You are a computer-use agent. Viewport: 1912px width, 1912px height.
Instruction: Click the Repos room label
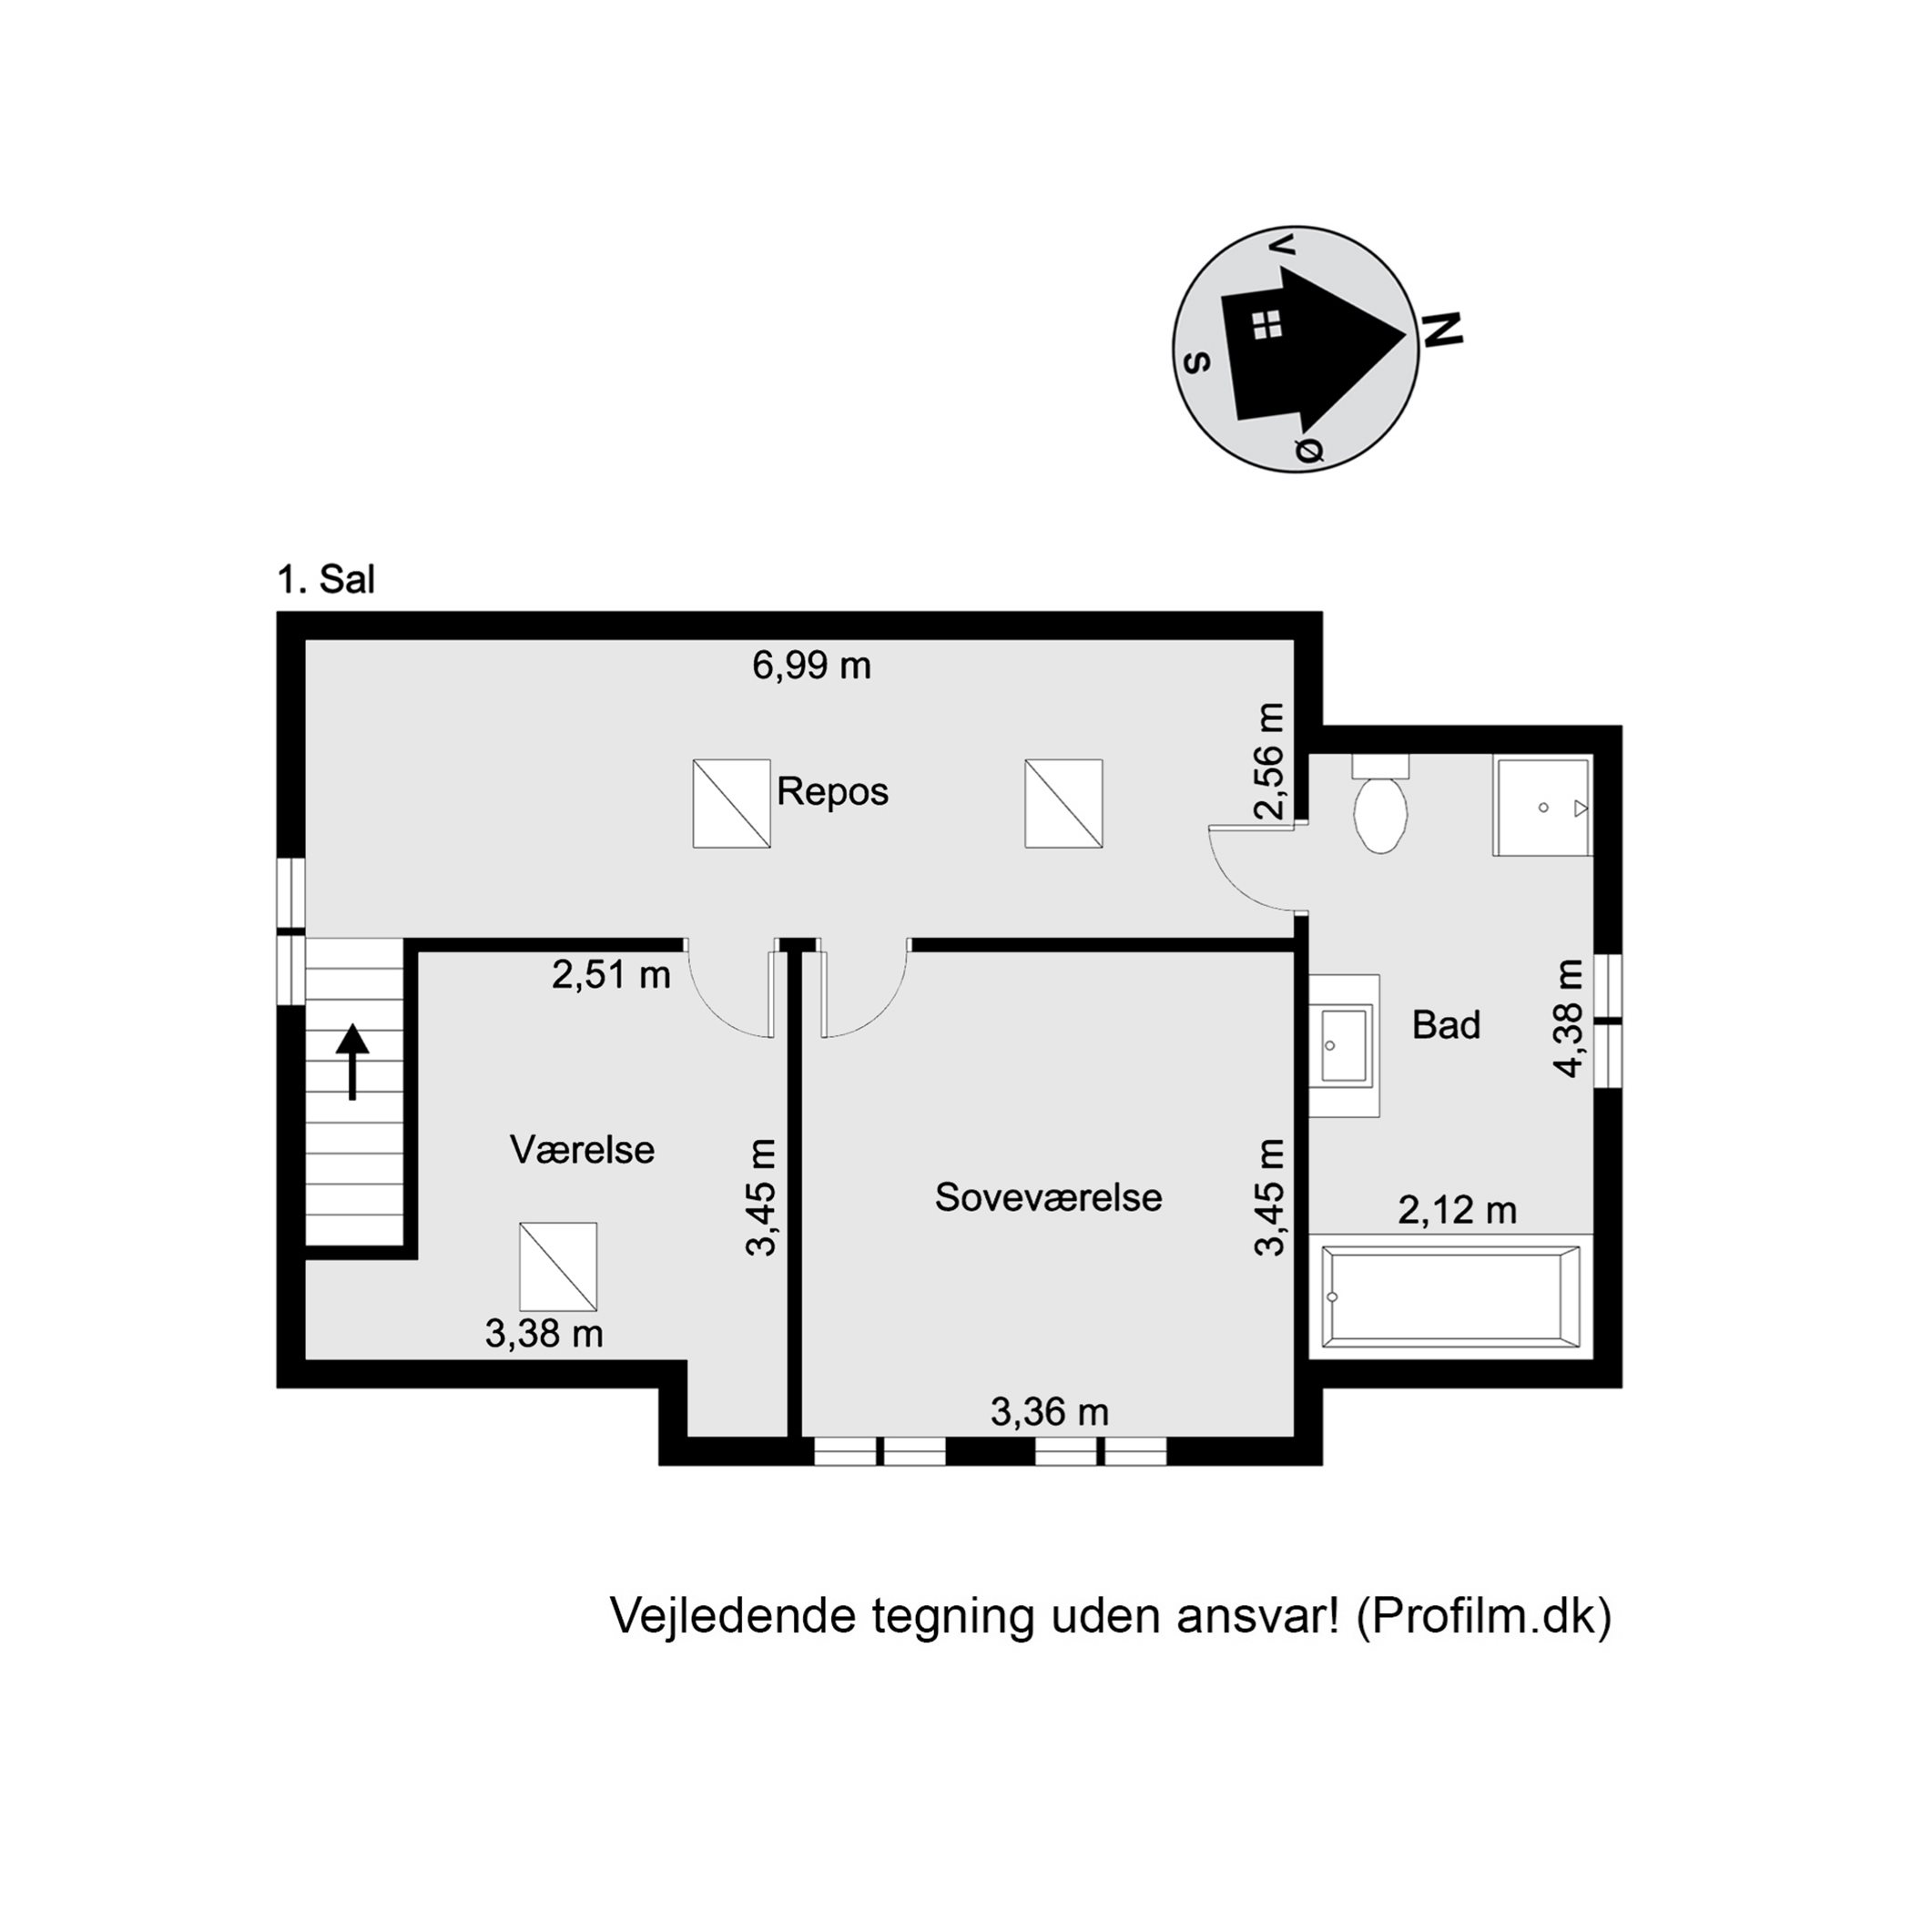tap(832, 792)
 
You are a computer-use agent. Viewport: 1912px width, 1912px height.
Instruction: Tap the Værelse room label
tap(582, 1150)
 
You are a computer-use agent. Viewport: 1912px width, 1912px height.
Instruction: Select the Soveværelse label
tap(1048, 1197)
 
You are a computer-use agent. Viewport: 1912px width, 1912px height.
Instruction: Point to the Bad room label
tap(1446, 1025)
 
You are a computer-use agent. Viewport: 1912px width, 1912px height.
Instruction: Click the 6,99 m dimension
tap(811, 665)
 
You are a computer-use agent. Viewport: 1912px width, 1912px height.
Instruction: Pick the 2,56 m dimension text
tap(1270, 761)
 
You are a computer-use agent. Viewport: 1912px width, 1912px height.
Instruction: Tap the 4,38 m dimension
tap(1569, 1017)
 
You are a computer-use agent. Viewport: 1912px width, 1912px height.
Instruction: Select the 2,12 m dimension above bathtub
tap(1457, 1210)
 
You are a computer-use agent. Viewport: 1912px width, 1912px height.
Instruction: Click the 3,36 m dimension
tap(1049, 1412)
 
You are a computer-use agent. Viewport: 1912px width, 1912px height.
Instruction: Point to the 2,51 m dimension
tap(611, 976)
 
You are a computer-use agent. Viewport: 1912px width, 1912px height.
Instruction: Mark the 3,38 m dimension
tap(544, 1334)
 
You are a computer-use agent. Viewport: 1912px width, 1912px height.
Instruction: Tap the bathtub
tap(1449, 1297)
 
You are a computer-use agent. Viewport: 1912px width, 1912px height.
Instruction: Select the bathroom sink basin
tap(1344, 1045)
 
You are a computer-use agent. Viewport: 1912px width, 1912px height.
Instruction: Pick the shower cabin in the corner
tap(1541, 808)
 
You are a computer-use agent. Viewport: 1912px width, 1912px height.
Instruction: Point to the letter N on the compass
tap(1443, 330)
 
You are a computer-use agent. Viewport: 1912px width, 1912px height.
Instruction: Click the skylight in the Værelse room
tap(558, 1266)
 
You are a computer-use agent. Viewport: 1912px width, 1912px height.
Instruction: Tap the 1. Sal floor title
tap(326, 580)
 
